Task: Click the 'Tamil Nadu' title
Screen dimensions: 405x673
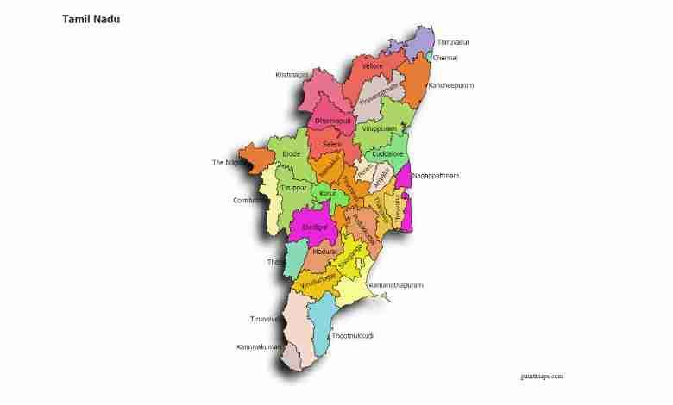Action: coord(91,18)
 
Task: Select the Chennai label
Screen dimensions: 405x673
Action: coord(445,58)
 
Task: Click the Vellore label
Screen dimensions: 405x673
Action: coord(373,66)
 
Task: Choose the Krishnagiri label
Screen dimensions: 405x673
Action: coord(292,75)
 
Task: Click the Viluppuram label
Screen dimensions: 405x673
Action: coord(380,128)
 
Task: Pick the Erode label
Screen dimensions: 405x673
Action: coord(292,153)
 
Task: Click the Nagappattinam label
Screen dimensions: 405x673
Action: coord(436,176)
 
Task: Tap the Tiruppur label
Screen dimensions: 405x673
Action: coord(294,187)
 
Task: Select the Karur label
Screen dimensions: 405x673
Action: coord(327,194)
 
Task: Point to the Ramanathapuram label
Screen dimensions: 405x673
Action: coord(396,285)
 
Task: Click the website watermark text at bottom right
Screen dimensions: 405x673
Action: coord(542,377)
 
